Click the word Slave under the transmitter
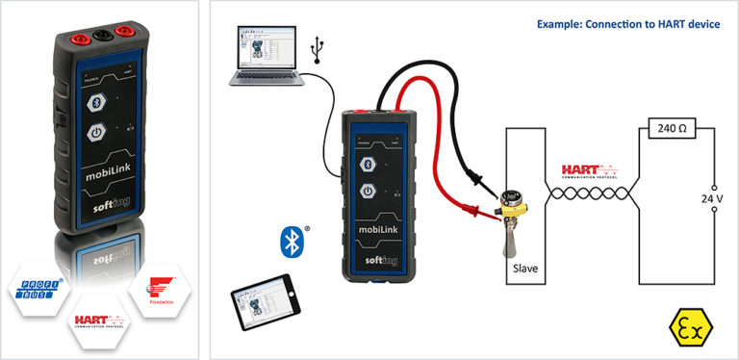[526, 269]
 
